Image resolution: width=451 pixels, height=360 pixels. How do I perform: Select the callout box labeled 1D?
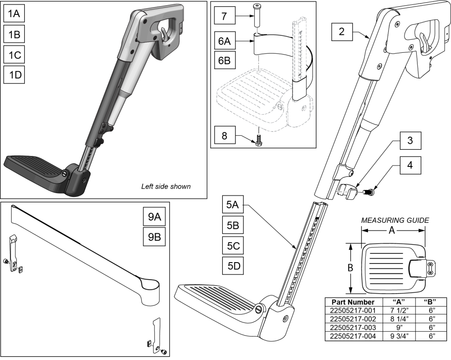coord(14,75)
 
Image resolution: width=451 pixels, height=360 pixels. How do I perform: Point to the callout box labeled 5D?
coord(233,266)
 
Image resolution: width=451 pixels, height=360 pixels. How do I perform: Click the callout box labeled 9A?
coord(154,217)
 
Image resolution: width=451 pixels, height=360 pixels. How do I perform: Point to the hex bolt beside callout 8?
coord(259,136)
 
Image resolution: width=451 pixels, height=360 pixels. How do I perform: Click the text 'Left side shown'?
coord(166,186)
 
